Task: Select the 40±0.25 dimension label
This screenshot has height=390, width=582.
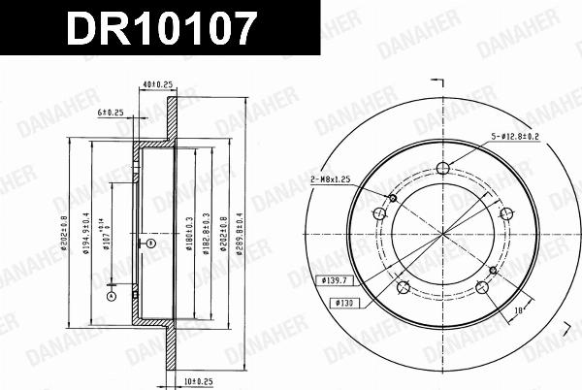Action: pos(155,85)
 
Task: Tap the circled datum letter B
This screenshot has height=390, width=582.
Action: pos(150,244)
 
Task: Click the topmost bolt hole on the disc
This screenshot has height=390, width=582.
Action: pos(444,171)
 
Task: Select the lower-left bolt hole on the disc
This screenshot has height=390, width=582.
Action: pos(404,287)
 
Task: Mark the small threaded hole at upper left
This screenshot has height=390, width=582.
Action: pos(393,199)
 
